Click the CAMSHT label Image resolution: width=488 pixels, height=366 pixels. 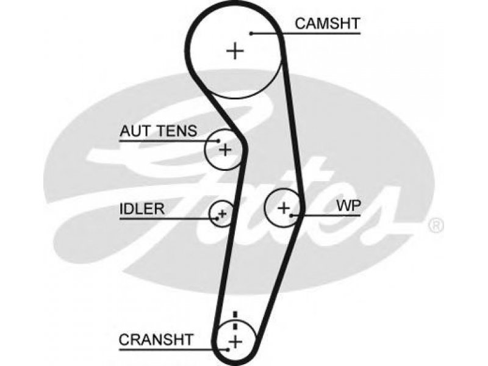[328, 23]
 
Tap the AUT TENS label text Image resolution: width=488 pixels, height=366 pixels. [159, 131]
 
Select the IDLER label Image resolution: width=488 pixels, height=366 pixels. [142, 209]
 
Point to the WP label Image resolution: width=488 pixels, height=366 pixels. [348, 206]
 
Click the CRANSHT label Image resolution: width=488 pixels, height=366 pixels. [156, 340]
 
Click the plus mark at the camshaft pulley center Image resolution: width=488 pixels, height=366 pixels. [235, 51]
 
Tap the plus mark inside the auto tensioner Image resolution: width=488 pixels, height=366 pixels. [225, 149]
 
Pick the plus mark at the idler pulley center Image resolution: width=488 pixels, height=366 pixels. [223, 213]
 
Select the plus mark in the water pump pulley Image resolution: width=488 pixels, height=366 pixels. [284, 207]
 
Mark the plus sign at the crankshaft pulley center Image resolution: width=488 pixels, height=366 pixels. [235, 342]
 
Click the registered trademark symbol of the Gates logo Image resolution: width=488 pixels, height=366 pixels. [436, 225]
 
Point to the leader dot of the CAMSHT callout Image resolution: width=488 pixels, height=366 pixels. [251, 34]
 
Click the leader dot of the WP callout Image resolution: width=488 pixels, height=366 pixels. [292, 215]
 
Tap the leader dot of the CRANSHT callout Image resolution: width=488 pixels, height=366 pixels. [228, 350]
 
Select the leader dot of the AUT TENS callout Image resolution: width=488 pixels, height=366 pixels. [219, 141]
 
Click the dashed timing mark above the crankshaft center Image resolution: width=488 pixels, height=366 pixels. [235, 320]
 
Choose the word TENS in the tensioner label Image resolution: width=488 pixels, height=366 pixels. [177, 131]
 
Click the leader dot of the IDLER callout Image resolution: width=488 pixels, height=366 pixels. [217, 218]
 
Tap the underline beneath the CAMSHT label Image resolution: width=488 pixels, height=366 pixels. [306, 33]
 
